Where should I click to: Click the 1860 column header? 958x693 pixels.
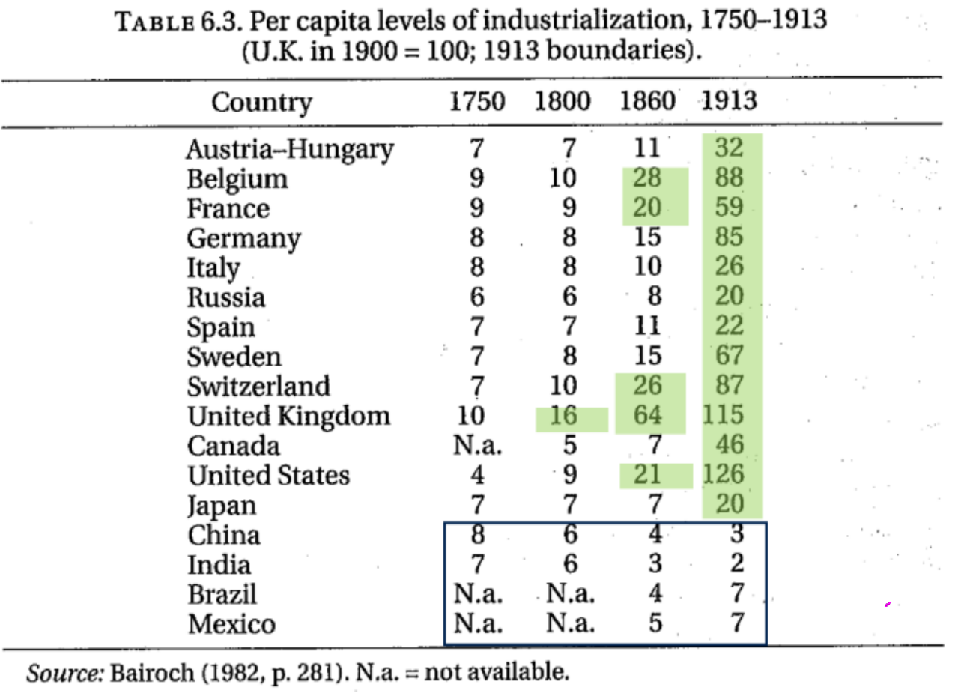(647, 102)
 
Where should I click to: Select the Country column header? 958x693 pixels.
(261, 103)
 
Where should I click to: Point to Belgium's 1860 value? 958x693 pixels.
(647, 178)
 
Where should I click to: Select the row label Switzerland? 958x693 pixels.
(258, 386)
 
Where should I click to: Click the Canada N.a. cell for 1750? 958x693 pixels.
(477, 446)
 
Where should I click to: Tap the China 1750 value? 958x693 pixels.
(477, 535)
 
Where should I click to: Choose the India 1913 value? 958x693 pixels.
(736, 564)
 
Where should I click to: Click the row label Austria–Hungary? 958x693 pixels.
(289, 149)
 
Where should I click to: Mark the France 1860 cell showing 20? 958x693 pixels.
(647, 208)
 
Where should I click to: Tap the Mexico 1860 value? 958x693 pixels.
(655, 623)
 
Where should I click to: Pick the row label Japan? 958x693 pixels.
(222, 506)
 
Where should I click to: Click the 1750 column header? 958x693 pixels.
(477, 102)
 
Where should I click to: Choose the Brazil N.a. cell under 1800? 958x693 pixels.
(569, 594)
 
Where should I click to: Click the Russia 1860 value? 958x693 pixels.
(655, 297)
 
